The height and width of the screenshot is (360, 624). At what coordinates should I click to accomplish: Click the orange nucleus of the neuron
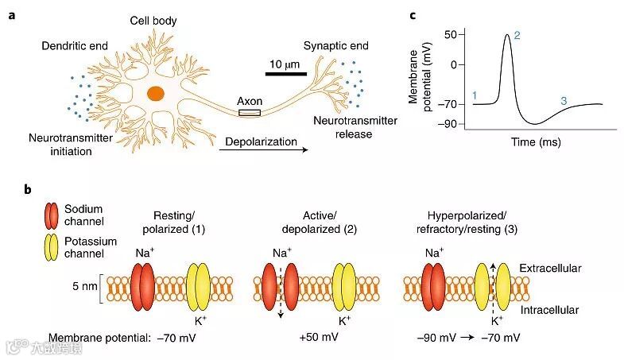point(157,92)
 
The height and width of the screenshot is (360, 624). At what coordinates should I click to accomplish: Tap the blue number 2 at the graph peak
point(517,35)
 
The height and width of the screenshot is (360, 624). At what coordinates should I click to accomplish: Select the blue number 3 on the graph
point(564,101)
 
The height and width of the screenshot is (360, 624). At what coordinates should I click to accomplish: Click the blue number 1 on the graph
point(474,96)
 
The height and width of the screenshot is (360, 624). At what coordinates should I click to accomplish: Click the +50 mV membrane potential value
point(319,338)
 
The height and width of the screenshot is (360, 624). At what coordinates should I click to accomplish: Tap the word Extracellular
point(550,269)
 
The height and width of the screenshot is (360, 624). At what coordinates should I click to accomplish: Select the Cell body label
point(153,19)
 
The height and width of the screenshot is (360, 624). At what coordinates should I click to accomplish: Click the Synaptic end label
point(336,46)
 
